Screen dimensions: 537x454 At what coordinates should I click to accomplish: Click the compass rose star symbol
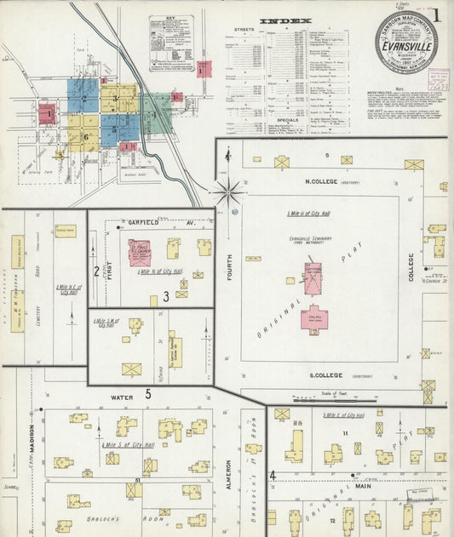point(228,191)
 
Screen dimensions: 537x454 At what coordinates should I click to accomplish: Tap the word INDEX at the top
point(285,20)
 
